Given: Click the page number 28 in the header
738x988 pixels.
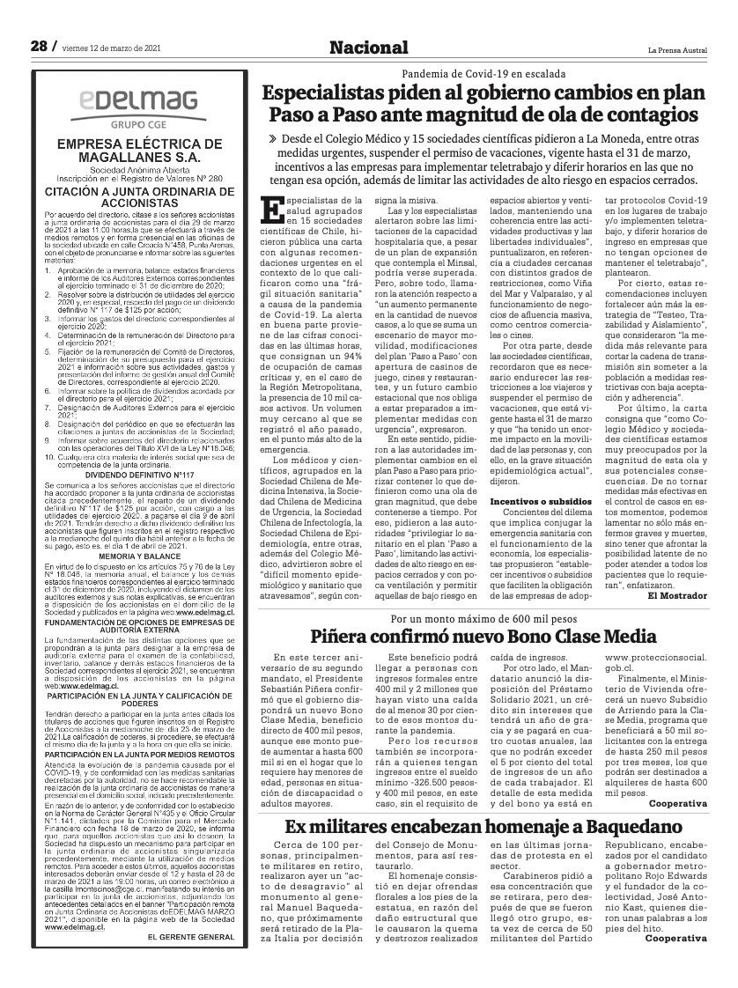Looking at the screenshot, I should pos(38,46).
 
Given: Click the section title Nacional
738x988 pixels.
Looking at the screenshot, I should pos(369,48).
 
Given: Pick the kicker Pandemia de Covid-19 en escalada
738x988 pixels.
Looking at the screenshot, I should pos(483,74).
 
